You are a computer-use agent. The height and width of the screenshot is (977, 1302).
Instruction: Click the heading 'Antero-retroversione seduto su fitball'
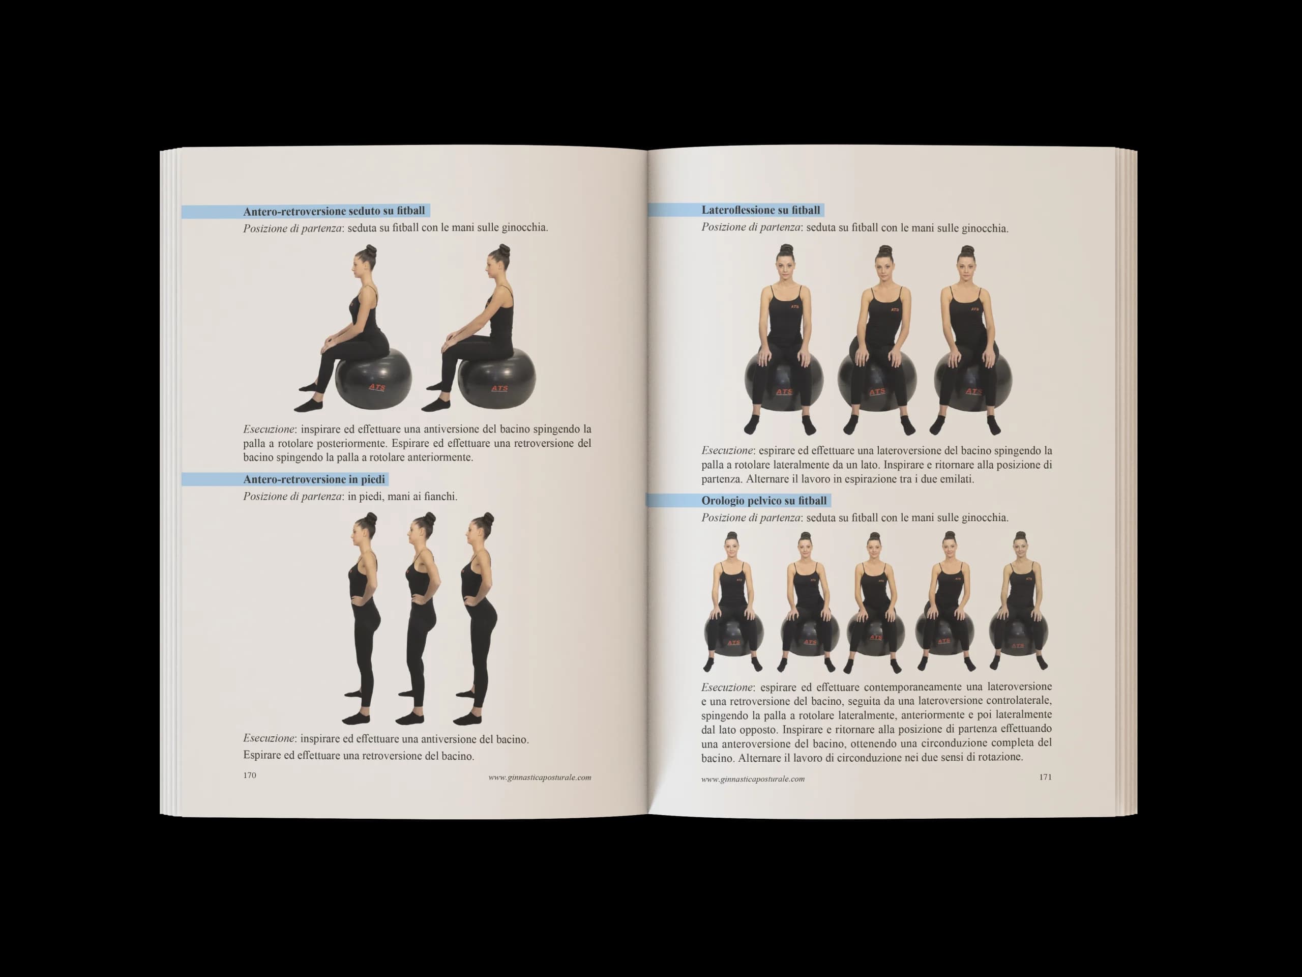(334, 211)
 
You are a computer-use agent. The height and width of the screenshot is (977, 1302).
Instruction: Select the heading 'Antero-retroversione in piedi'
(314, 479)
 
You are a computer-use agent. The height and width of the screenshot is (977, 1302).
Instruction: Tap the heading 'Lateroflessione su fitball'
(760, 210)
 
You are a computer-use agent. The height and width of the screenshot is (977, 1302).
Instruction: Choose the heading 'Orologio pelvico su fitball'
(764, 501)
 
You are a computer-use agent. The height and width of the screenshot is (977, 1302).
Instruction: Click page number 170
(250, 775)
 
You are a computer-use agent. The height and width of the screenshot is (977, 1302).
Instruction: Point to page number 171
(1045, 777)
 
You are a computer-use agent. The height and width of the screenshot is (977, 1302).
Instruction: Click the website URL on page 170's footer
(540, 778)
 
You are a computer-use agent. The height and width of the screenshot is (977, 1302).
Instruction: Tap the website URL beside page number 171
(753, 779)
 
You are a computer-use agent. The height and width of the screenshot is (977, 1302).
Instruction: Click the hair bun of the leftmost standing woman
(370, 519)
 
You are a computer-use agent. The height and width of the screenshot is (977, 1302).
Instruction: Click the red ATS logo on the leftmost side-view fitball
(377, 387)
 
